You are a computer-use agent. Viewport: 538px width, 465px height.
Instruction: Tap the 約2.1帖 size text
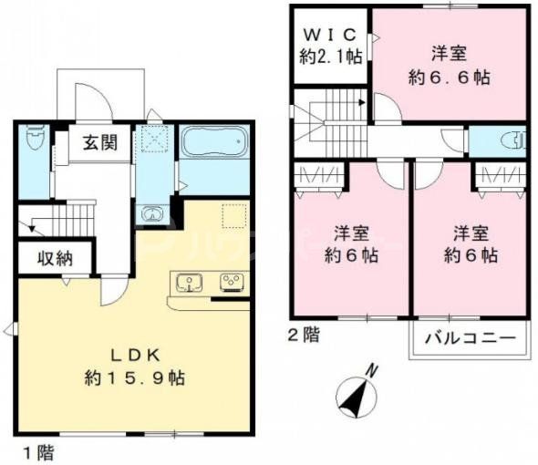(x=330, y=57)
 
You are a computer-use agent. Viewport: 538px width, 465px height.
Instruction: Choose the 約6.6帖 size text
(x=450, y=77)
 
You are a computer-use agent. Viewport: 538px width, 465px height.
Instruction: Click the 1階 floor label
(x=32, y=451)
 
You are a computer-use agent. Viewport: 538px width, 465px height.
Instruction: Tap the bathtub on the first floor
(x=212, y=142)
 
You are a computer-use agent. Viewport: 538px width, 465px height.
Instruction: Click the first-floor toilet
(x=35, y=139)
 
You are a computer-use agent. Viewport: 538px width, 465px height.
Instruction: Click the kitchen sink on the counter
(x=189, y=283)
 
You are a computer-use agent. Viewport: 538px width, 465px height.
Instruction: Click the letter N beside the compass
(x=372, y=370)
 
